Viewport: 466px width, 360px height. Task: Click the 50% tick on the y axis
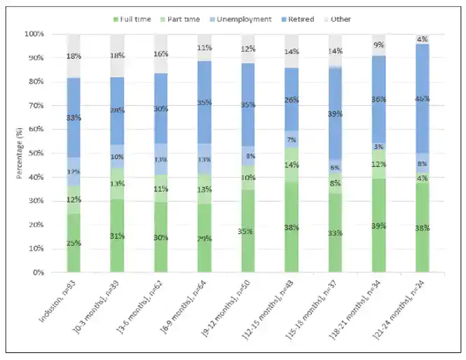[x=36, y=153]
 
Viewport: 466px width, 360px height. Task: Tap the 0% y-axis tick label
[x=39, y=272]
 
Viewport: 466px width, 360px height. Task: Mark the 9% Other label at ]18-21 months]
[x=379, y=46]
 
